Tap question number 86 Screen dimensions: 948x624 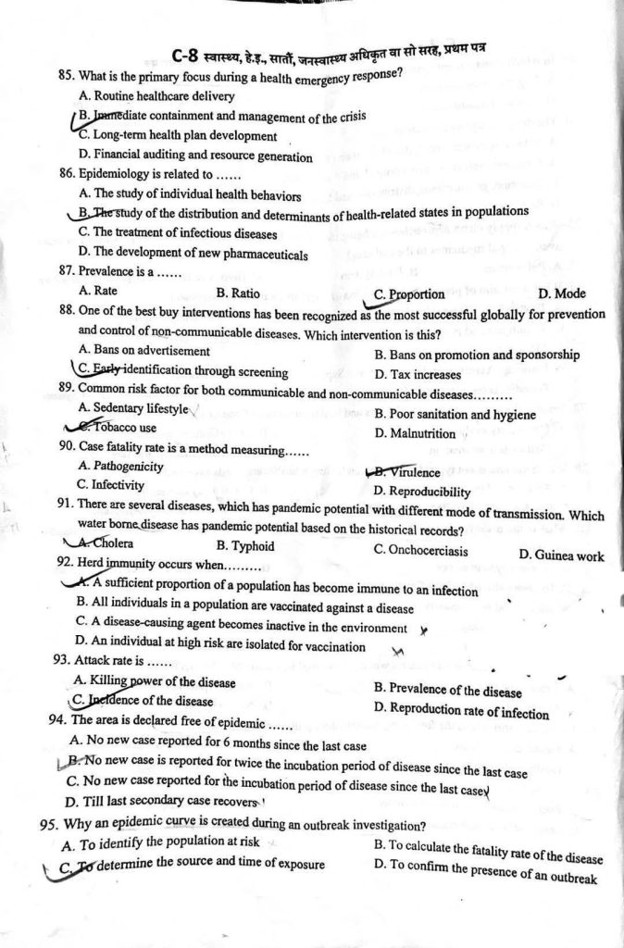tap(68, 174)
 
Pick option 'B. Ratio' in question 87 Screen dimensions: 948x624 tap(237, 293)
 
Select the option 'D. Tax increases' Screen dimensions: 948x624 tap(417, 375)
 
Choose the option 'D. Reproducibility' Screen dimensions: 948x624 tap(422, 493)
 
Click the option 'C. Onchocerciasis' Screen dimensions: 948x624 tap(420, 550)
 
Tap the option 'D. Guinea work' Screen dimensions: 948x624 tap(561, 555)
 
